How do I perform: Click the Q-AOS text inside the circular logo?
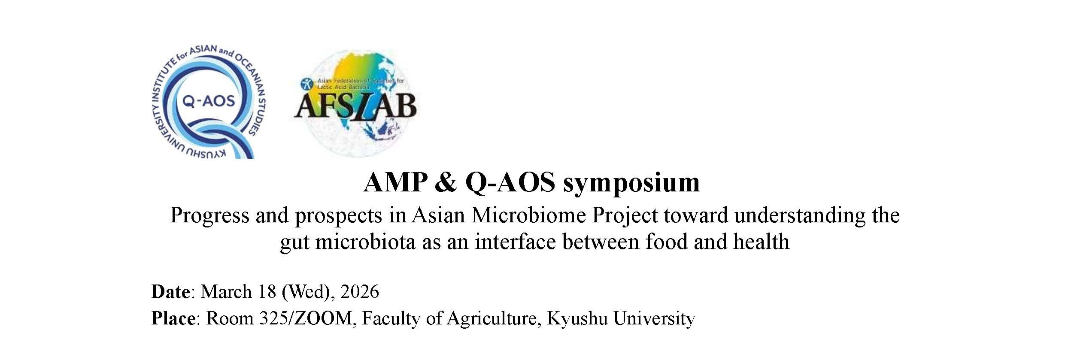point(209,102)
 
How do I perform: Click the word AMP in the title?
point(395,183)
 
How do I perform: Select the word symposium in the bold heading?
point(632,185)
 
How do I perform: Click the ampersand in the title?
point(446,183)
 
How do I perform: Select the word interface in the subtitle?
point(515,242)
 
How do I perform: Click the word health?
point(762,242)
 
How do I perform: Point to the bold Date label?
point(171,292)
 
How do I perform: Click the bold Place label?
point(173,319)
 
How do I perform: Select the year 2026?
point(360,292)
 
